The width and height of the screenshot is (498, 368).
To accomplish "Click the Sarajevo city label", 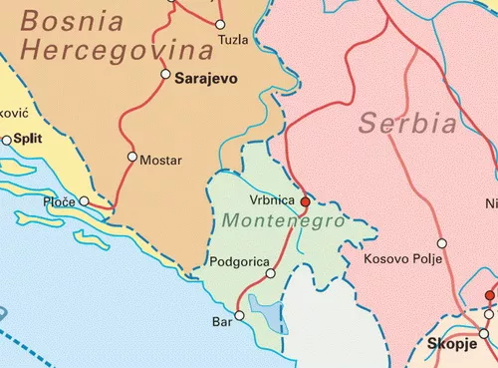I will (x=205, y=78).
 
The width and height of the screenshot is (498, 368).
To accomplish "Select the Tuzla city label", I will (x=233, y=41).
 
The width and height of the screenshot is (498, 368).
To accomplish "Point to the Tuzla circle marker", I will (x=220, y=24).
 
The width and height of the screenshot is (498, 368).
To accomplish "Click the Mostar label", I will (x=161, y=159).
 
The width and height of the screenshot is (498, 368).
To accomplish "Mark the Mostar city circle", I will (x=131, y=157).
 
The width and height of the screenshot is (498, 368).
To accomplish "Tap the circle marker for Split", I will (x=6, y=141).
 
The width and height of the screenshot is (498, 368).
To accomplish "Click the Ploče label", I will (x=59, y=202).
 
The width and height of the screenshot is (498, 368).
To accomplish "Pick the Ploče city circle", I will (x=85, y=201).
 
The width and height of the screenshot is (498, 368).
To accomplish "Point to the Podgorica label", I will (x=241, y=262).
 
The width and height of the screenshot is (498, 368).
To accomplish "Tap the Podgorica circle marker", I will (x=270, y=272).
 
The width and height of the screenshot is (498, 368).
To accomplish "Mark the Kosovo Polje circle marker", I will (x=441, y=243).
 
